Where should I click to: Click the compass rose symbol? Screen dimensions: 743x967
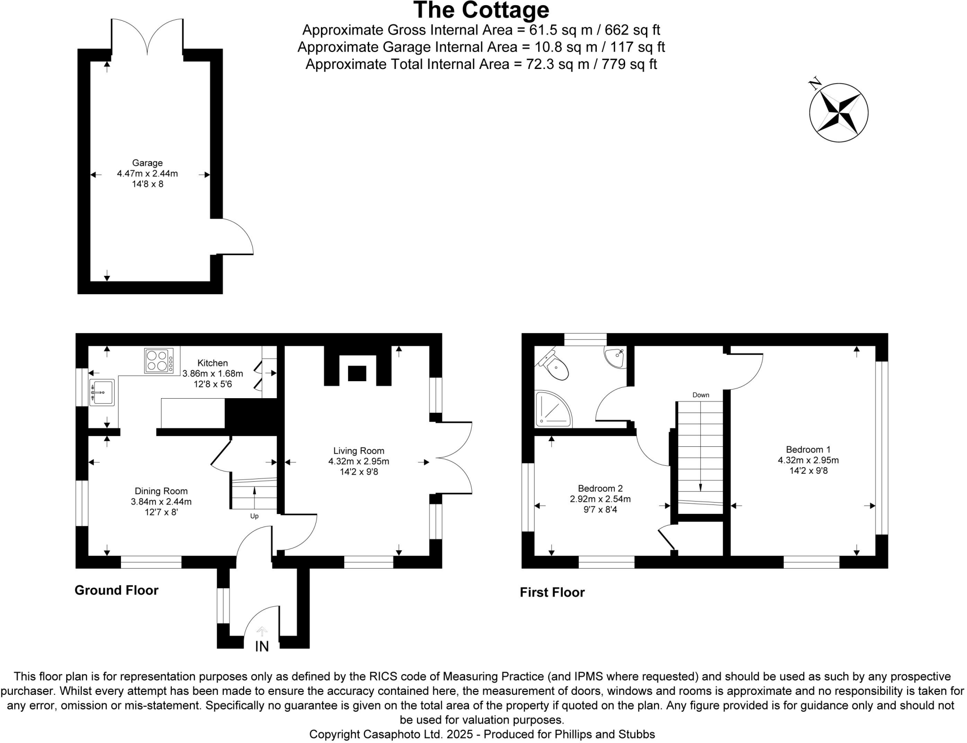coord(839,112)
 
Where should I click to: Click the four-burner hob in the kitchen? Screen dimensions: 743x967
coord(159,361)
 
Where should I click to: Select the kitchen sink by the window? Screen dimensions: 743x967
coord(102,392)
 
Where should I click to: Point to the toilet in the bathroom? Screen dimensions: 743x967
coord(554,364)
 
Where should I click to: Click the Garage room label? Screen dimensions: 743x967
coord(147,163)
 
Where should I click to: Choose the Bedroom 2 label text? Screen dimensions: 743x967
coord(600,488)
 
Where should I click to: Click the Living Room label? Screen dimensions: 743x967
coord(359,451)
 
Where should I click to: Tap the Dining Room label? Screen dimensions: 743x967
coord(161,491)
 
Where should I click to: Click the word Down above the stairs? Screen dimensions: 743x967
coord(701,395)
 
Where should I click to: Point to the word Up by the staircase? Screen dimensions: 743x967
coord(254,516)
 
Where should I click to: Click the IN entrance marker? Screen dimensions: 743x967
coord(262,646)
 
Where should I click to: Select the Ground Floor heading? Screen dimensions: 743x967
coord(116,590)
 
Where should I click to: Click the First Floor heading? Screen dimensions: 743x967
coord(552,592)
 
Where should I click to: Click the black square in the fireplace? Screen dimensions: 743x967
coord(357,373)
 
